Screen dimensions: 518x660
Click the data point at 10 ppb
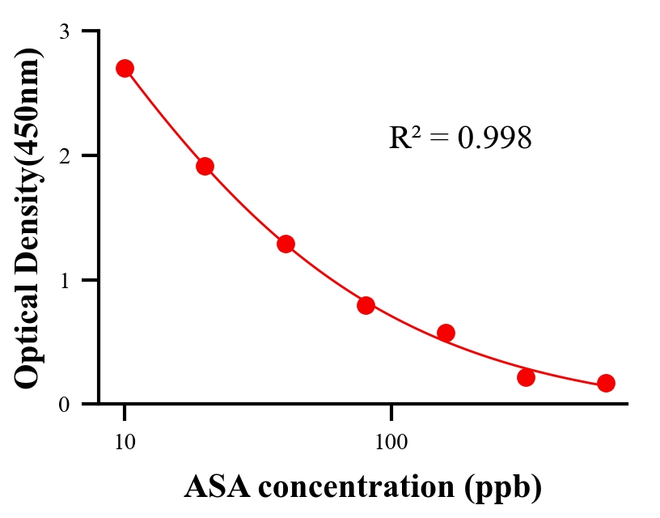(125, 68)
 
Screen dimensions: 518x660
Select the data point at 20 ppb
(205, 166)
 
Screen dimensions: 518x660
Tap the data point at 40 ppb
(286, 244)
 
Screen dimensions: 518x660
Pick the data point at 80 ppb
(366, 305)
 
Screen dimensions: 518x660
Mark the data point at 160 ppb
(446, 333)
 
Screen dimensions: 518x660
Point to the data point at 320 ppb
(526, 377)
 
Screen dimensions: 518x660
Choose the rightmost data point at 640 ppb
(606, 383)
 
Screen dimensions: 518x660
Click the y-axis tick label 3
(65, 32)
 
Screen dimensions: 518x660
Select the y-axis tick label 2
(65, 155)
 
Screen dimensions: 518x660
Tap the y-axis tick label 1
(65, 280)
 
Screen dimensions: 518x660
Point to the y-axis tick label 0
(65, 404)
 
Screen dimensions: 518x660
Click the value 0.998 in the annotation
(494, 138)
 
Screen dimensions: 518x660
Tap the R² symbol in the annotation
(405, 138)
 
